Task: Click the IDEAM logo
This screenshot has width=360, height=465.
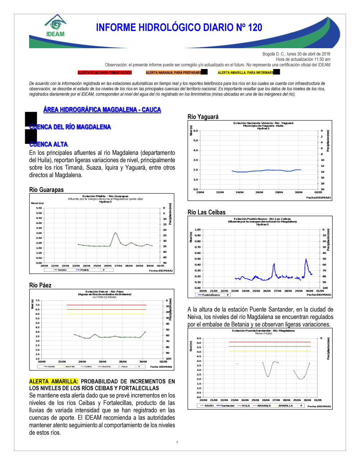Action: coord(55,26)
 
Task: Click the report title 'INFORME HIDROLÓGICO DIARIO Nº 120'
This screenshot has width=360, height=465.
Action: coord(179,28)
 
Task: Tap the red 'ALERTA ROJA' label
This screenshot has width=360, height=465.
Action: coord(105,73)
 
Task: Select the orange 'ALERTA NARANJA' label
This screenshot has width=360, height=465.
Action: coord(174,73)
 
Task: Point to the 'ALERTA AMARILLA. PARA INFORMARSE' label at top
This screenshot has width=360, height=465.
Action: coord(246,73)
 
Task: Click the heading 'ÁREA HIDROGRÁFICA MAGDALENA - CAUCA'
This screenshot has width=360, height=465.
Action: coord(102,110)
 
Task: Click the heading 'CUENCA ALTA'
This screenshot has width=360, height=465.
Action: coord(49,144)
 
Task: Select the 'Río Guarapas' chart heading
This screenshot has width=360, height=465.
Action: coord(46,190)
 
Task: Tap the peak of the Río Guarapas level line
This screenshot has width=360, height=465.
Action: coord(115,233)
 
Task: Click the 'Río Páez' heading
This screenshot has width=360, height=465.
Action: coord(40,285)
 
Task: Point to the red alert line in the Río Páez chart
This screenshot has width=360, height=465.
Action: coord(106,305)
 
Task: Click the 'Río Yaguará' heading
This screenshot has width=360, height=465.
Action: coord(203,117)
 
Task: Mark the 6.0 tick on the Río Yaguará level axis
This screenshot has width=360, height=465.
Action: coord(195,131)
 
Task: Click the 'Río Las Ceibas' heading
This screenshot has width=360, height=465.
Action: coord(207,212)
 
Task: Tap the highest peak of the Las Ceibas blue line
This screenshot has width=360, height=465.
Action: coord(306,259)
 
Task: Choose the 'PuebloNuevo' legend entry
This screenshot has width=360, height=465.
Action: coord(211,295)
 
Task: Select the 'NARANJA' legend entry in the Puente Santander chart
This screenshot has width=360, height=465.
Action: coord(264,406)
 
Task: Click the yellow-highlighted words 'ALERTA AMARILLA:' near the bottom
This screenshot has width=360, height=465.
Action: coord(54,381)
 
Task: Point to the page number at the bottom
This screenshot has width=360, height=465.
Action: coord(177,442)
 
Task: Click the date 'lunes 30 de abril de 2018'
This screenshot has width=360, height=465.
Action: coord(309,54)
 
